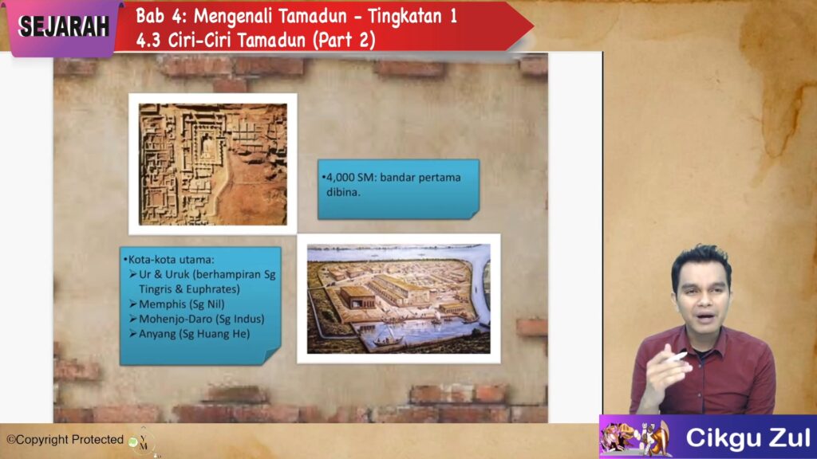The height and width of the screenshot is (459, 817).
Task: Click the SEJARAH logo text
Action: tap(64, 27)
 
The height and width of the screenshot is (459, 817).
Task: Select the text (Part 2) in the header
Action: tap(344, 40)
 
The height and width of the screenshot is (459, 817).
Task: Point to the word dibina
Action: tap(343, 193)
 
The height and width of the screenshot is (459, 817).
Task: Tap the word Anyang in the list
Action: tap(157, 334)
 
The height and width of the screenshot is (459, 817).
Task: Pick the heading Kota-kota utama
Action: tap(170, 260)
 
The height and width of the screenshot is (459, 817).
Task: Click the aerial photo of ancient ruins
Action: tap(212, 164)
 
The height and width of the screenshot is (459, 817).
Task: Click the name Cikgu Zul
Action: tap(748, 438)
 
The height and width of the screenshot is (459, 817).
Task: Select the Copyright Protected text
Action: tap(65, 440)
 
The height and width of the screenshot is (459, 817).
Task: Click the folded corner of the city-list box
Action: tap(272, 356)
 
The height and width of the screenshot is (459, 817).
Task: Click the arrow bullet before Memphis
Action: tap(133, 304)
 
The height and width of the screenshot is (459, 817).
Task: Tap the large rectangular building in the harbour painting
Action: tap(357, 297)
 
